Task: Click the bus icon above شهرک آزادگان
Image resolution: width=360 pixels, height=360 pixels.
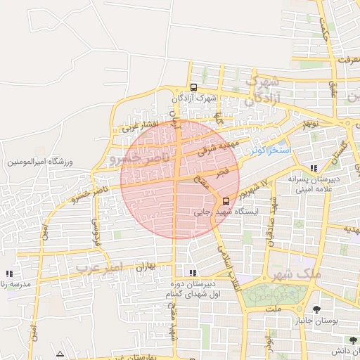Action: click(x=193, y=87)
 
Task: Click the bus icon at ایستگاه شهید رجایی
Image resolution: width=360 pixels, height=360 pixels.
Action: click(x=225, y=200)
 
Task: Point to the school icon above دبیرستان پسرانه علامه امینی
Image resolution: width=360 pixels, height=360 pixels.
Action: click(x=314, y=168)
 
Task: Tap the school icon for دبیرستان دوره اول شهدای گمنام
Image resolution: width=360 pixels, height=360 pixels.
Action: click(x=192, y=273)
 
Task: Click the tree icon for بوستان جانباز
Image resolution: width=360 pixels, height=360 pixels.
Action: click(x=316, y=309)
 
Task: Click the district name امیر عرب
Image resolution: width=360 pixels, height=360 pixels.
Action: click(x=98, y=268)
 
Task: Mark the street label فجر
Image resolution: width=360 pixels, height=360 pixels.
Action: click(x=222, y=171)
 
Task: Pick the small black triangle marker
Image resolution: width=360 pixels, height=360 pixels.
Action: click(x=60, y=354)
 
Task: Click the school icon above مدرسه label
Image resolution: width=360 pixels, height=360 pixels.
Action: click(x=8, y=274)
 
